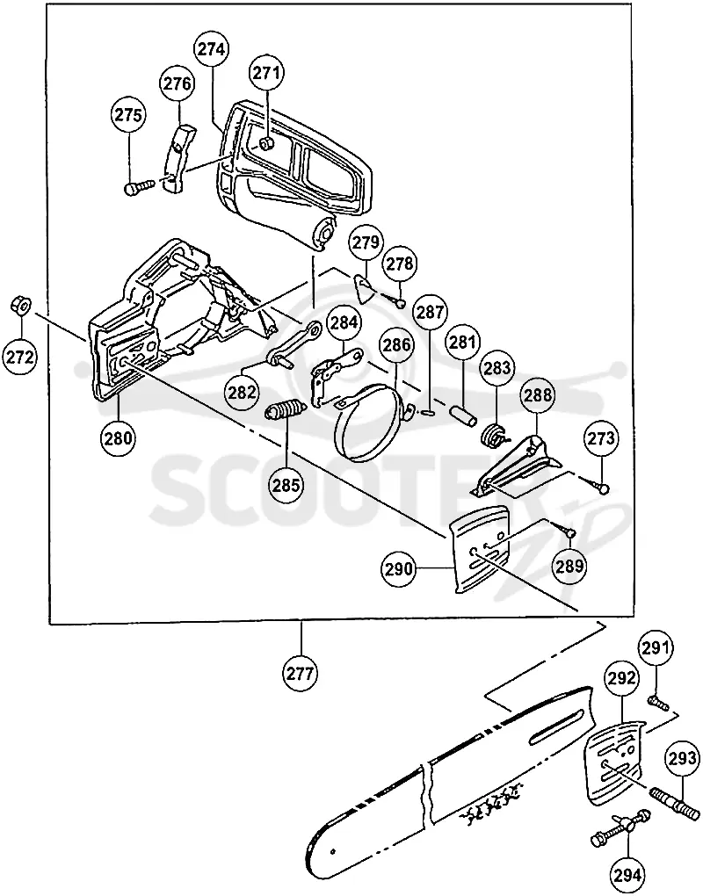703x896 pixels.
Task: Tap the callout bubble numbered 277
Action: click(x=300, y=674)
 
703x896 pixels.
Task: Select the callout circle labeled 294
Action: click(x=627, y=874)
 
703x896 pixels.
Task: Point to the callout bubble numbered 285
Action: click(x=286, y=485)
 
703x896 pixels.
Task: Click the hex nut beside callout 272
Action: click(x=20, y=306)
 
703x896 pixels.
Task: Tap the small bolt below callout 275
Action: click(x=139, y=186)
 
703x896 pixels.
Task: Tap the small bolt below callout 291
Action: click(x=658, y=702)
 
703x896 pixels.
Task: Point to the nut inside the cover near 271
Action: click(x=265, y=143)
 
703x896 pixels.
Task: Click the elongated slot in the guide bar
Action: click(x=557, y=726)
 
